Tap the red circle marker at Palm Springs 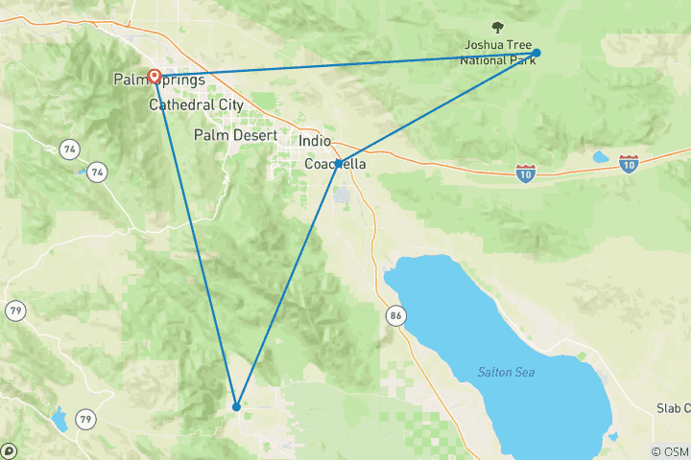click(155, 76)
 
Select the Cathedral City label click(195, 105)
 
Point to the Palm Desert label click(235, 135)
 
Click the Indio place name click(315, 141)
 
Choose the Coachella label click(335, 164)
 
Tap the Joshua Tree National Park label click(496, 53)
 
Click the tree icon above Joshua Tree click(497, 28)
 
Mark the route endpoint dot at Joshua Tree click(537, 53)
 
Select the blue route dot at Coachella click(338, 164)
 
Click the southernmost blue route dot click(236, 406)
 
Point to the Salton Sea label click(506, 372)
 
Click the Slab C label click(673, 408)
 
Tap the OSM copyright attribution click(669, 451)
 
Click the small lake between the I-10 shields click(601, 157)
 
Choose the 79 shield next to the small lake click(86, 419)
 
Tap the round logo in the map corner click(9, 451)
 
